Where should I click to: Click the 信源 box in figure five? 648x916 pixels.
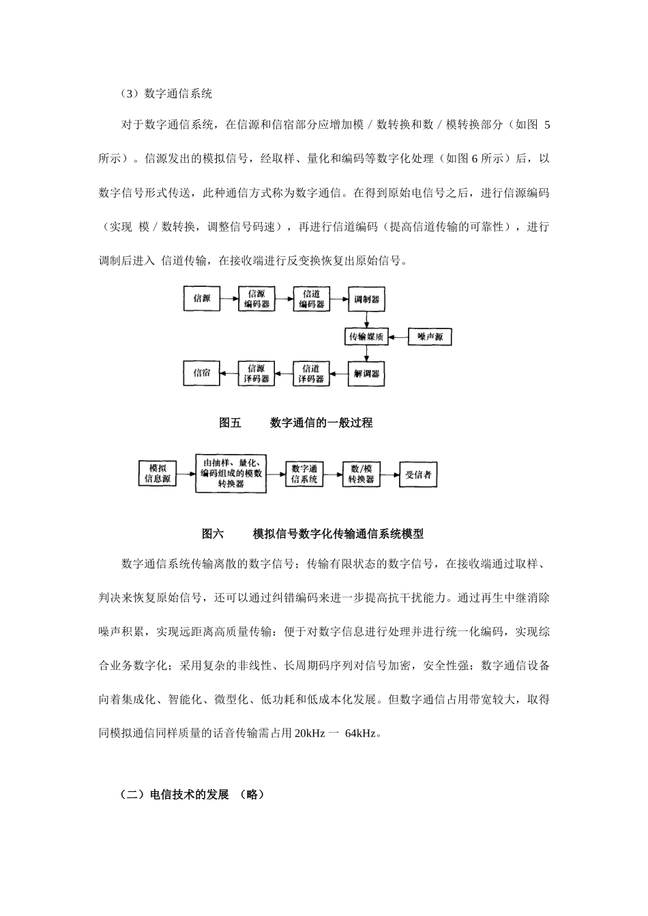pos(202,299)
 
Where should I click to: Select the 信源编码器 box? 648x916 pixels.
pos(256,299)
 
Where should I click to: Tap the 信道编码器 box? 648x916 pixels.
pos(312,299)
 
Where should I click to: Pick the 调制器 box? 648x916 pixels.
pos(366,299)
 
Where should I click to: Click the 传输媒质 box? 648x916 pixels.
pos(366,337)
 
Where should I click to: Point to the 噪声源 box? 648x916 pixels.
pos(430,337)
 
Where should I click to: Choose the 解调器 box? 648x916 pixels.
pos(366,373)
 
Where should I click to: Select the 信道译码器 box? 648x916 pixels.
pos(312,373)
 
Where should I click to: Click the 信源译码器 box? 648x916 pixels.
pos(256,373)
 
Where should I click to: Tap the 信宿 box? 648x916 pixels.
pos(202,373)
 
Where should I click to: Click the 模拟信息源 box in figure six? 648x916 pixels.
pos(158,474)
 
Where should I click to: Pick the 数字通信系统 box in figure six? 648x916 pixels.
pos(304,474)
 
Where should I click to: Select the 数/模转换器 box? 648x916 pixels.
pos(361,474)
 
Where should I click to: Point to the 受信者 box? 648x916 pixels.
pos(418,474)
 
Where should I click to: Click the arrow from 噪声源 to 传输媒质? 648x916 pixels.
pos(398,337)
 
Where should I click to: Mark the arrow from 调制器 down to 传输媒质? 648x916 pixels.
pos(366,319)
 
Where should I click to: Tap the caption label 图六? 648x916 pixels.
pos(213,534)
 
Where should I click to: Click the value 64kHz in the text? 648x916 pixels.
pos(361,734)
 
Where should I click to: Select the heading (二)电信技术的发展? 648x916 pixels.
pos(174,795)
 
